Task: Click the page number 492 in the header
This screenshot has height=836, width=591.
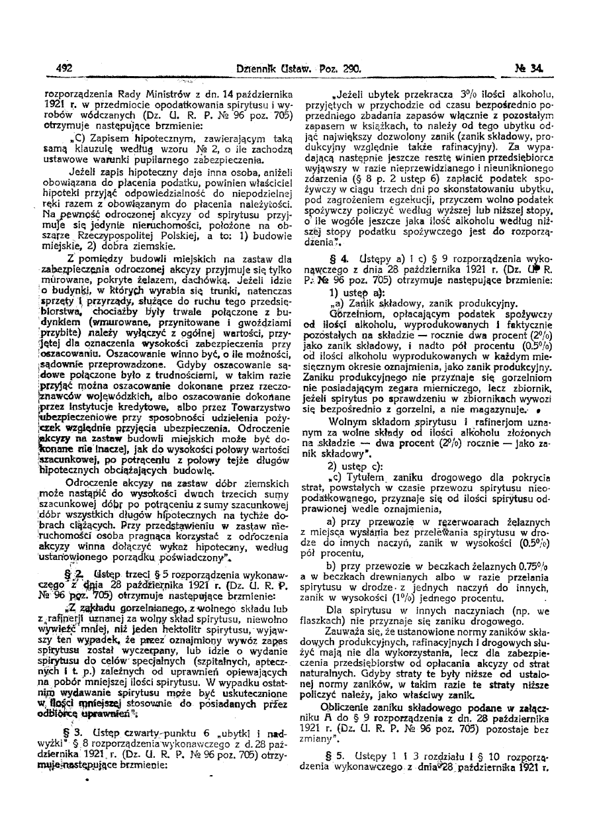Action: [x=64, y=68]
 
